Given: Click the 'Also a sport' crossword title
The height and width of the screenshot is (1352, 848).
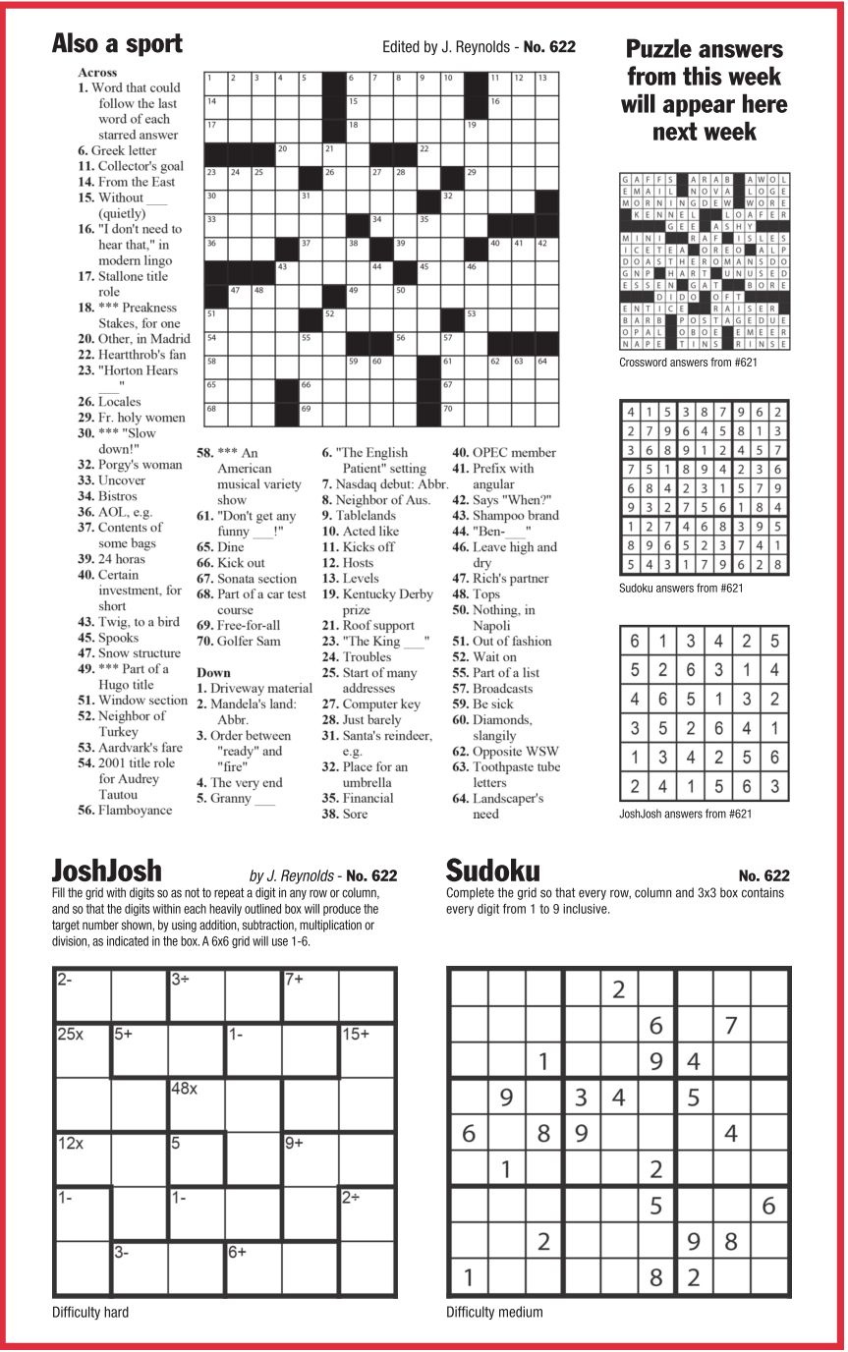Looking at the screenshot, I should [x=117, y=43].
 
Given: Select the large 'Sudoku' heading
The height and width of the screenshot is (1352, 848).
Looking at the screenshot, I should [x=492, y=871].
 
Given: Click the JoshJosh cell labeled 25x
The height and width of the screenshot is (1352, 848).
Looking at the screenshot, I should [x=83, y=1050].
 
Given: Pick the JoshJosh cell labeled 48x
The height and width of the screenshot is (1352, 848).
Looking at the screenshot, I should [x=196, y=1105].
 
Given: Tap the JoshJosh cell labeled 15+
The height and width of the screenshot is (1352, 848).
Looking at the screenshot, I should [x=367, y=1050].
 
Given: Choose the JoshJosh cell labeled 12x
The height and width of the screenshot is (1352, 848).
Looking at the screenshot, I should [x=83, y=1160].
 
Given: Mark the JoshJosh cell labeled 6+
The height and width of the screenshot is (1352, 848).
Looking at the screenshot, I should [x=254, y=1269].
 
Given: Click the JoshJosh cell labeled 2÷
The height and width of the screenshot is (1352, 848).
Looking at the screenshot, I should [x=367, y=1215].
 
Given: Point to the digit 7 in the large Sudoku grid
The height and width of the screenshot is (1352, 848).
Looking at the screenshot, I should [x=731, y=1025].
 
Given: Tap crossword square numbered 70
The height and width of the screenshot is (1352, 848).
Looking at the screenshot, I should [x=451, y=416].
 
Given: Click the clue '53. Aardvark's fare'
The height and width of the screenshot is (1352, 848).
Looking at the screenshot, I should [x=130, y=748].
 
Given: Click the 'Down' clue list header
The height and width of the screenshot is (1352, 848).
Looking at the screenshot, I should [x=214, y=673].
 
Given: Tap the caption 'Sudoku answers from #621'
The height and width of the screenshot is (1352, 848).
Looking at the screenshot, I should [x=681, y=589].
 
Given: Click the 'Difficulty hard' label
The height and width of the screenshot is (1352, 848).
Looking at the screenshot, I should [x=90, y=1312].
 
